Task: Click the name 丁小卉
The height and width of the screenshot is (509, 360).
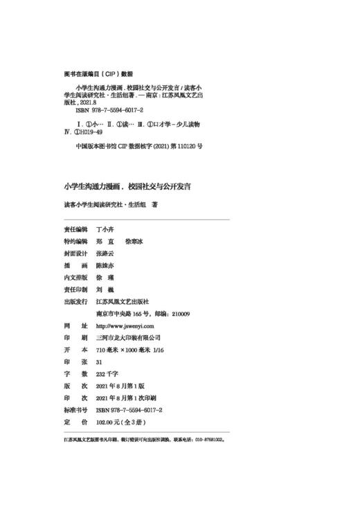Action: pyautogui.click(x=107, y=228)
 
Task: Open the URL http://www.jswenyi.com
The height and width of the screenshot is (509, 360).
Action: pyautogui.click(x=125, y=325)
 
